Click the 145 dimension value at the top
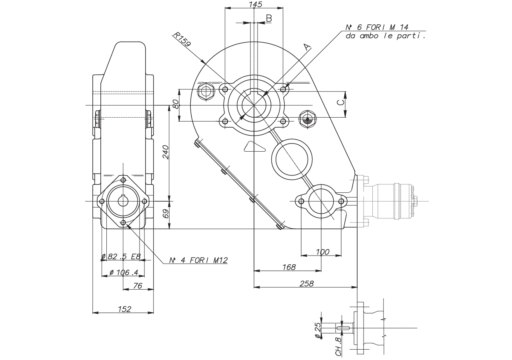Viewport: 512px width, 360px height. click(255, 4)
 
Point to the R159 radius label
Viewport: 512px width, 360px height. click(182, 39)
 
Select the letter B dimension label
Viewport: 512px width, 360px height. click(269, 18)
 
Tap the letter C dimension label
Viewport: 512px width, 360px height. click(341, 102)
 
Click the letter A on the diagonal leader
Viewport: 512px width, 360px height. click(308, 47)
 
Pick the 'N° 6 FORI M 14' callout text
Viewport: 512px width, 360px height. click(377, 28)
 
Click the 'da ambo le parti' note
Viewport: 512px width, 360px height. click(385, 36)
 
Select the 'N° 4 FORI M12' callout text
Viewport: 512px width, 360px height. click(198, 260)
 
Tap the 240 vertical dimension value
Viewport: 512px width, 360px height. click(166, 152)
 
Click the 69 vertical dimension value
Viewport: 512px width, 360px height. click(166, 213)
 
